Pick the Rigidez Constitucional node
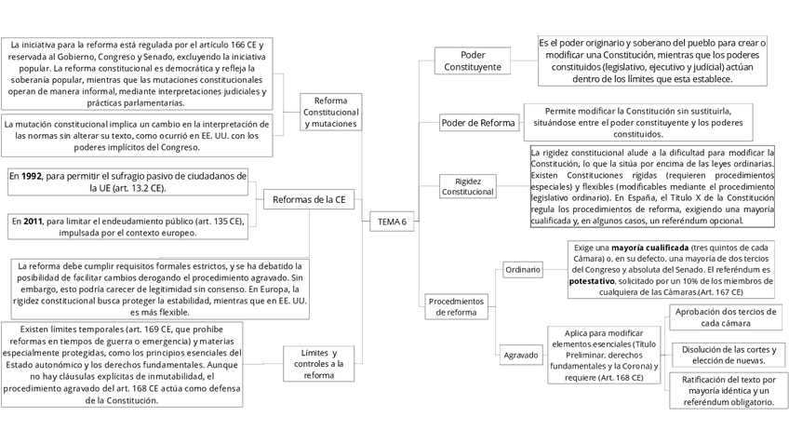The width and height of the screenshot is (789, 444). [468, 186]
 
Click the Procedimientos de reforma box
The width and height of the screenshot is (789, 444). [456, 306]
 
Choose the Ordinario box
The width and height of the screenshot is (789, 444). [522, 269]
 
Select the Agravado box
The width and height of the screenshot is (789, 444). [522, 356]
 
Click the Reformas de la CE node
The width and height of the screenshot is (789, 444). [309, 198]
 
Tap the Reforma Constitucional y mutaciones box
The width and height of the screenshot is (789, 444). [330, 112]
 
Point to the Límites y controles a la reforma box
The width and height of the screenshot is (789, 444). [318, 364]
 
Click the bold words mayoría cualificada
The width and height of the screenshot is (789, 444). [650, 247]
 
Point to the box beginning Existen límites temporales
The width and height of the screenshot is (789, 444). [123, 364]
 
